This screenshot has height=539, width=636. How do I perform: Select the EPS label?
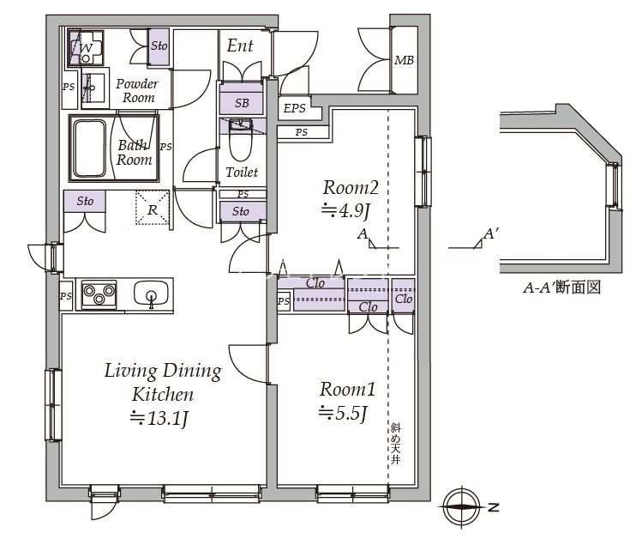[294, 107]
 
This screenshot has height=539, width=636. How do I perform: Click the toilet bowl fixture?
[241, 147]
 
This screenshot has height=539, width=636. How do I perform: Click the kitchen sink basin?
[152, 294]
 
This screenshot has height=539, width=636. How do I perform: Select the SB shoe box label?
[242, 103]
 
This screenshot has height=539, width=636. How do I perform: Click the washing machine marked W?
[86, 49]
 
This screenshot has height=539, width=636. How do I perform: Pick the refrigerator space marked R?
[152, 209]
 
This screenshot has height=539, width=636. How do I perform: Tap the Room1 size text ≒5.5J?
[343, 413]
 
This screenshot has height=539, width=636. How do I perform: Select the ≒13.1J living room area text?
[159, 419]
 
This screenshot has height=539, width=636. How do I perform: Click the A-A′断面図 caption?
[561, 288]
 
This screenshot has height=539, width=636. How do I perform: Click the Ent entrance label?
[239, 45]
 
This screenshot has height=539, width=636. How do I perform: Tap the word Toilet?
[241, 173]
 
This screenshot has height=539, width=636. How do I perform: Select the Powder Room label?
[137, 90]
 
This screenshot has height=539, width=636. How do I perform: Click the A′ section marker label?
[491, 233]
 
